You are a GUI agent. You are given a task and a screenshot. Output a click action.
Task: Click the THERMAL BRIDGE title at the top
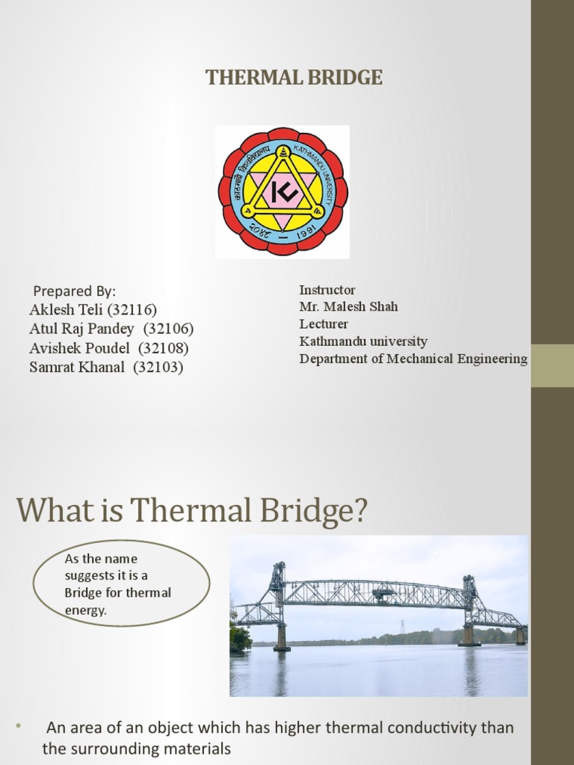[x=294, y=78]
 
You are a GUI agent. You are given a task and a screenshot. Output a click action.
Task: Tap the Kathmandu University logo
[x=282, y=191]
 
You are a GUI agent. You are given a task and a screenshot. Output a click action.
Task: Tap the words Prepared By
[x=75, y=291]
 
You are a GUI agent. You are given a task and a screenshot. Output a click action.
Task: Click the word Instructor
[x=327, y=290]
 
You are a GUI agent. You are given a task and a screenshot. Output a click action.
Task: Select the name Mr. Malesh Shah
[x=348, y=306]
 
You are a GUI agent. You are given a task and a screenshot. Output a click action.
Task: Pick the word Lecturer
[x=324, y=324]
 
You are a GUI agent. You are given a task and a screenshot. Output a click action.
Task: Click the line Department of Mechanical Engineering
[x=413, y=359]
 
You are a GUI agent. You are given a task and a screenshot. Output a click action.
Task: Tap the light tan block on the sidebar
[x=552, y=365]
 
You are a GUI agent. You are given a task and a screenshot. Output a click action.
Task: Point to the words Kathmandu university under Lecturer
[x=363, y=341]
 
